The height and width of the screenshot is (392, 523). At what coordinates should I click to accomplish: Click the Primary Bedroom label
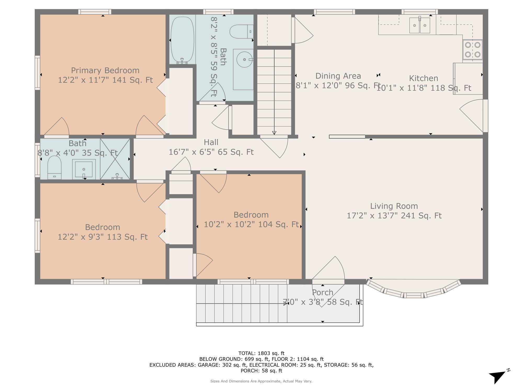(x=105, y=71)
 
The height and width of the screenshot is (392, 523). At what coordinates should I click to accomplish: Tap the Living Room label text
(x=394, y=206)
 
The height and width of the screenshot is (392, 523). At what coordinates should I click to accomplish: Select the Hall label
(x=211, y=142)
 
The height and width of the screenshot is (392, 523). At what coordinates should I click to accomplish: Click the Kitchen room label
(x=423, y=78)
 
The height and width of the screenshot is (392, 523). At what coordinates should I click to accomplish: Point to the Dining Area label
(x=338, y=76)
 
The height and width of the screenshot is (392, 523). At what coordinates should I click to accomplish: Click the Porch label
(x=322, y=292)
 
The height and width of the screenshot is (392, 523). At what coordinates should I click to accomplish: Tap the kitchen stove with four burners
(x=473, y=50)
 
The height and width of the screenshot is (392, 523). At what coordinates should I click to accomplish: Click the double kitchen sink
(x=420, y=25)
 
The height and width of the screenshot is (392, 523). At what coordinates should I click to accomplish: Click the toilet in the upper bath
(x=241, y=32)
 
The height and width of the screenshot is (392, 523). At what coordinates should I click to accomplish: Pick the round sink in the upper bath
(x=245, y=60)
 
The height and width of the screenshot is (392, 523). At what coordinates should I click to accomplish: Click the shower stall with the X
(x=115, y=159)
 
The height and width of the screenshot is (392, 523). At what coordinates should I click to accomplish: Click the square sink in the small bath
(x=84, y=169)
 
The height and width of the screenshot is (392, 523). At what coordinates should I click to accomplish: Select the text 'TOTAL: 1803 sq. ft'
(x=261, y=353)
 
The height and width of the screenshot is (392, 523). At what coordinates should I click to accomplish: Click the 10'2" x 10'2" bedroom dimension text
(x=251, y=224)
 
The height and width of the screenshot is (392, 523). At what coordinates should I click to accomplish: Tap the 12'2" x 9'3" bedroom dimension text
(x=103, y=237)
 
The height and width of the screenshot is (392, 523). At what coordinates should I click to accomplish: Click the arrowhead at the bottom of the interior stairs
(x=274, y=133)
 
